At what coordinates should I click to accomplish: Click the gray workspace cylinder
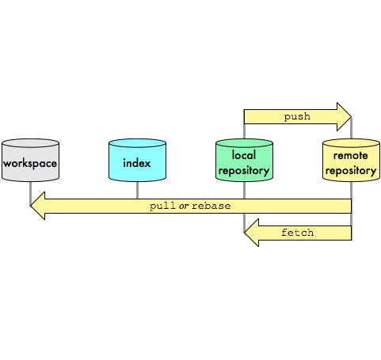pyautogui.click(x=30, y=160)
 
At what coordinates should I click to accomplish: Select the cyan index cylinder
pyautogui.click(x=137, y=160)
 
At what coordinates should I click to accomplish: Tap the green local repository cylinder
pyautogui.click(x=244, y=160)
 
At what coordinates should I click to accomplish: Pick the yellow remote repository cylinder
pyautogui.click(x=351, y=160)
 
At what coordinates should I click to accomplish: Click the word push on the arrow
pyautogui.click(x=297, y=116)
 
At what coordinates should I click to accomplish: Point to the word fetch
pyautogui.click(x=298, y=233)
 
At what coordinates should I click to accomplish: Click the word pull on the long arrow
pyautogui.click(x=162, y=206)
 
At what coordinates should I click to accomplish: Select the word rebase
pyautogui.click(x=211, y=206)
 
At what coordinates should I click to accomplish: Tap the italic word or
pyautogui.click(x=184, y=206)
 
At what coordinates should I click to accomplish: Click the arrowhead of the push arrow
pyautogui.click(x=344, y=116)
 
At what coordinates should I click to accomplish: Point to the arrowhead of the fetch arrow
pyautogui.click(x=251, y=233)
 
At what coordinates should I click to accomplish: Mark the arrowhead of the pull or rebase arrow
pyautogui.click(x=38, y=206)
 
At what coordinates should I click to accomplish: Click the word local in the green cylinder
pyautogui.click(x=244, y=155)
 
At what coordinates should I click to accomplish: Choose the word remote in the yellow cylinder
pyautogui.click(x=351, y=156)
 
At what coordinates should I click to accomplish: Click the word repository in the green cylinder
pyautogui.click(x=244, y=171)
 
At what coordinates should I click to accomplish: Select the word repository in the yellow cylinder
pyautogui.click(x=351, y=171)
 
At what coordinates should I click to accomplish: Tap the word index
pyautogui.click(x=137, y=163)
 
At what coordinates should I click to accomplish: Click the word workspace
pyautogui.click(x=30, y=164)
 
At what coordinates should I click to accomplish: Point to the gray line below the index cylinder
pyautogui.click(x=137, y=190)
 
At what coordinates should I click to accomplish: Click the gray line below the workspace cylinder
pyautogui.click(x=30, y=193)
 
